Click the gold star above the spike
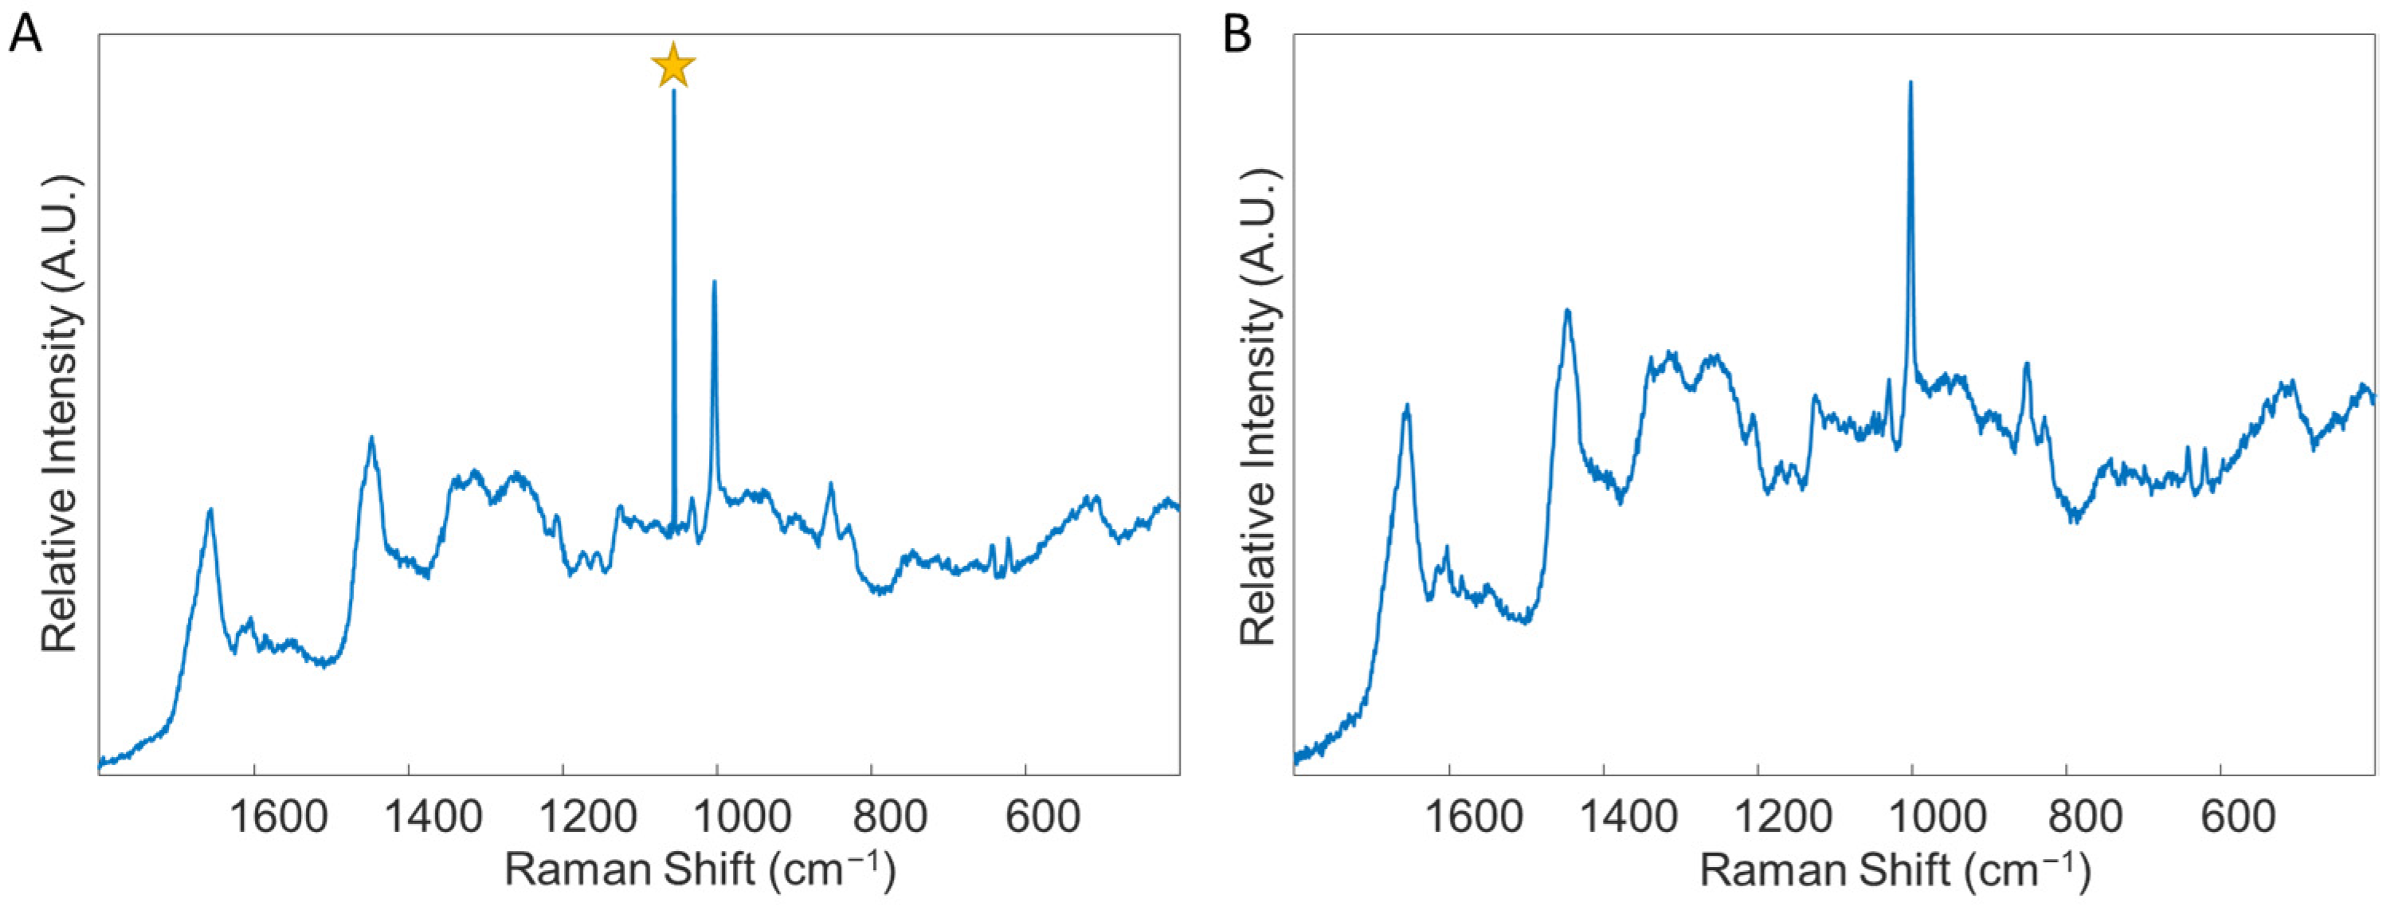click(x=673, y=66)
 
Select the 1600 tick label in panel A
click(x=279, y=818)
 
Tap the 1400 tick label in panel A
click(x=433, y=818)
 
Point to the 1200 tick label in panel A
click(x=587, y=818)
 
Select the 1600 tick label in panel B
click(x=1474, y=818)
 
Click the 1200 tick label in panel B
click(x=1783, y=818)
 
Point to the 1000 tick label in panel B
click(x=1937, y=818)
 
